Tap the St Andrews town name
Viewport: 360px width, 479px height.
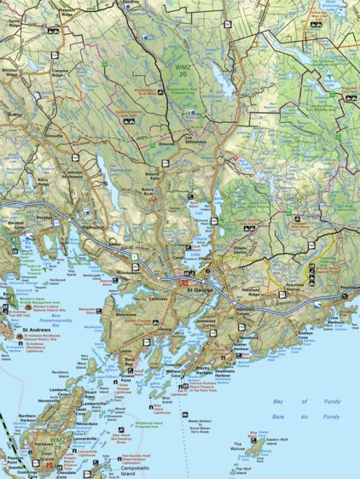click(38, 329)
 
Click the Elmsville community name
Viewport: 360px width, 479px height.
click(55, 136)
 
